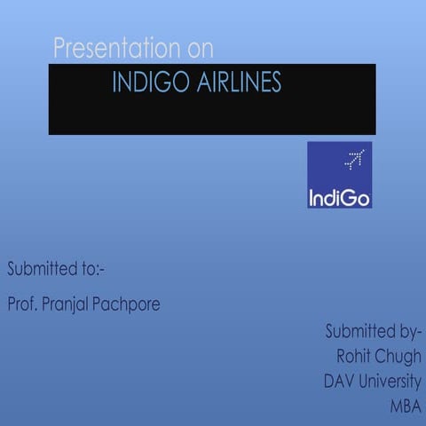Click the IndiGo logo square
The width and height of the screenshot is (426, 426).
pyautogui.click(x=339, y=175)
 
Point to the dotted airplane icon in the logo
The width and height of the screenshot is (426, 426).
pyautogui.click(x=355, y=160)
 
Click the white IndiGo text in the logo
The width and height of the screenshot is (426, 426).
pyautogui.click(x=339, y=197)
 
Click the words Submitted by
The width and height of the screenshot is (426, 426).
pyautogui.click(x=373, y=332)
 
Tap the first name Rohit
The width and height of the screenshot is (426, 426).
pyautogui.click(x=357, y=357)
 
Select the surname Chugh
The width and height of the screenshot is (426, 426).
pyautogui.click(x=400, y=357)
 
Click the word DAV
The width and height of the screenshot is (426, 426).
pyautogui.click(x=338, y=382)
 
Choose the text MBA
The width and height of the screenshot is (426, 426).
pyautogui.click(x=406, y=407)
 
